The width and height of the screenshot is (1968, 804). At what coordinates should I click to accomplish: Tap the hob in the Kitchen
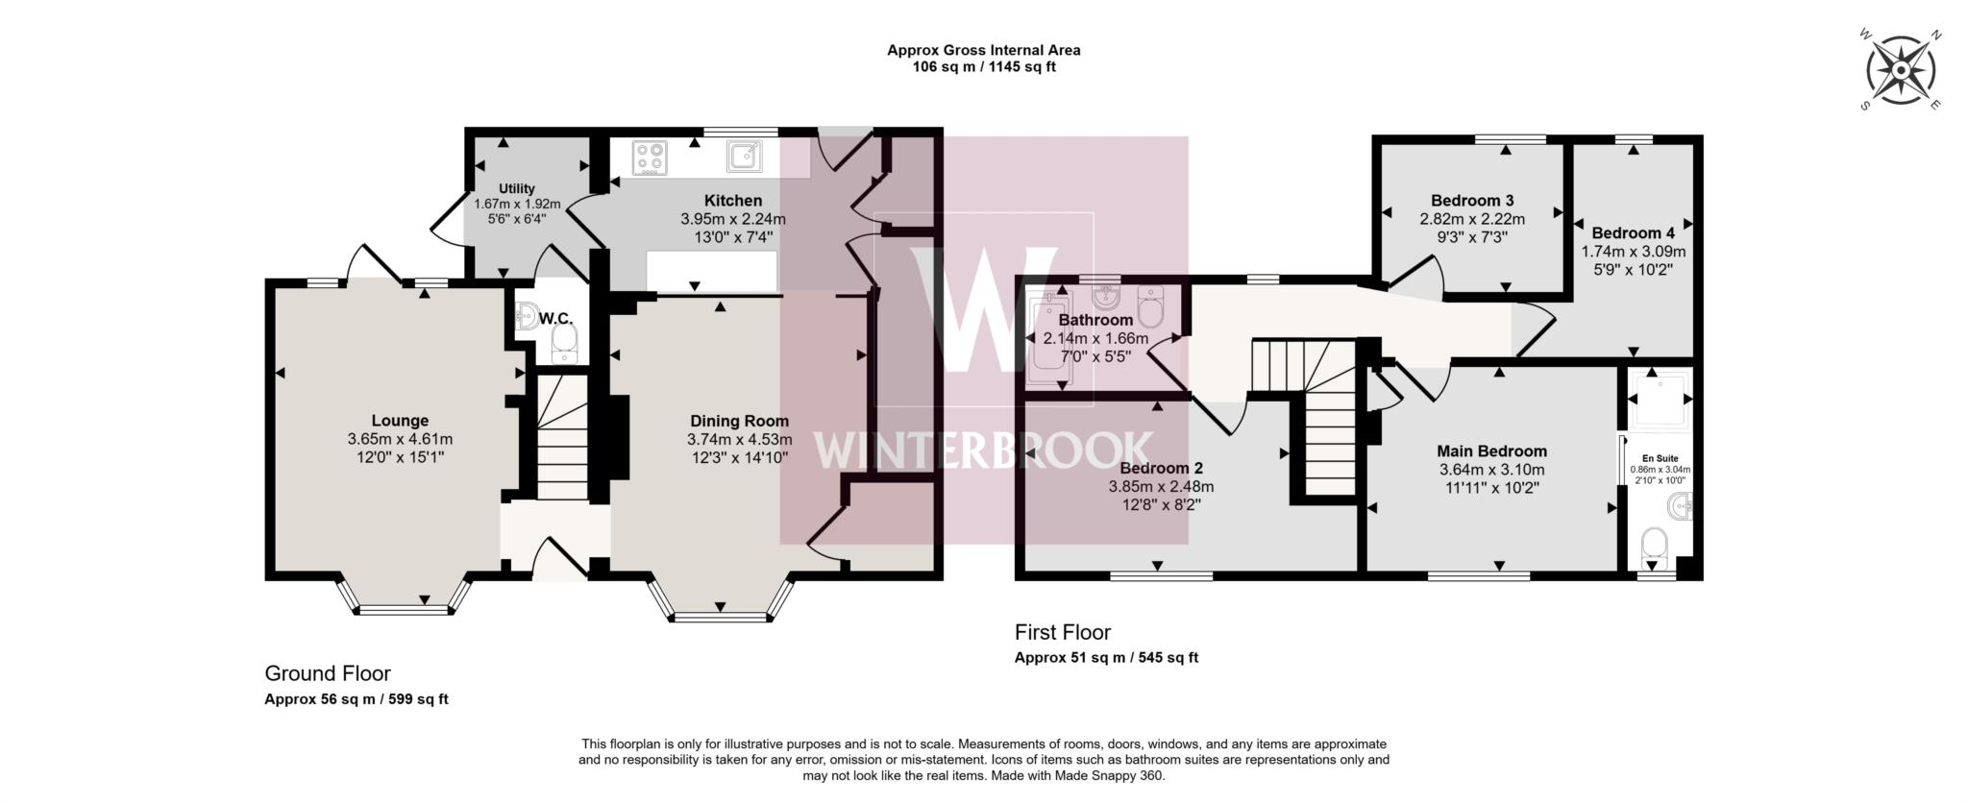(650, 158)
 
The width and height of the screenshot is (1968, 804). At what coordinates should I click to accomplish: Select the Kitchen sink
(745, 157)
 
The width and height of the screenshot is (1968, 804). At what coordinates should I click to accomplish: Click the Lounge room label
(400, 421)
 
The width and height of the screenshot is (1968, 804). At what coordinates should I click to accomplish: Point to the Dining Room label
(739, 421)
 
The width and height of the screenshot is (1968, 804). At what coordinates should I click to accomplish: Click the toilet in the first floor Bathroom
(1150, 305)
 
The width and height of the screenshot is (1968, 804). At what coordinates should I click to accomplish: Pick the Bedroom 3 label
(1472, 201)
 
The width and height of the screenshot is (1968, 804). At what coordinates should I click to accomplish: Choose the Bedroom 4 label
(1633, 232)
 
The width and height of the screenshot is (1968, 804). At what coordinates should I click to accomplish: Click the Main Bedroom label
(1491, 451)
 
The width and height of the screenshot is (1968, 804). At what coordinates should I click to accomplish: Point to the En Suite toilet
(1654, 545)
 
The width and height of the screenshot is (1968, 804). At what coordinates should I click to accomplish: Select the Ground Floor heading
(328, 673)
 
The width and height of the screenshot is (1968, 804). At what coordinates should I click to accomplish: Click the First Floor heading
(1062, 632)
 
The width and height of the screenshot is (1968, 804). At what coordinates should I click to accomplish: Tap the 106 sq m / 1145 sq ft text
(983, 67)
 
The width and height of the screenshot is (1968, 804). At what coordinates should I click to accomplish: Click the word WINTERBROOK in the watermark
(982, 450)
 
